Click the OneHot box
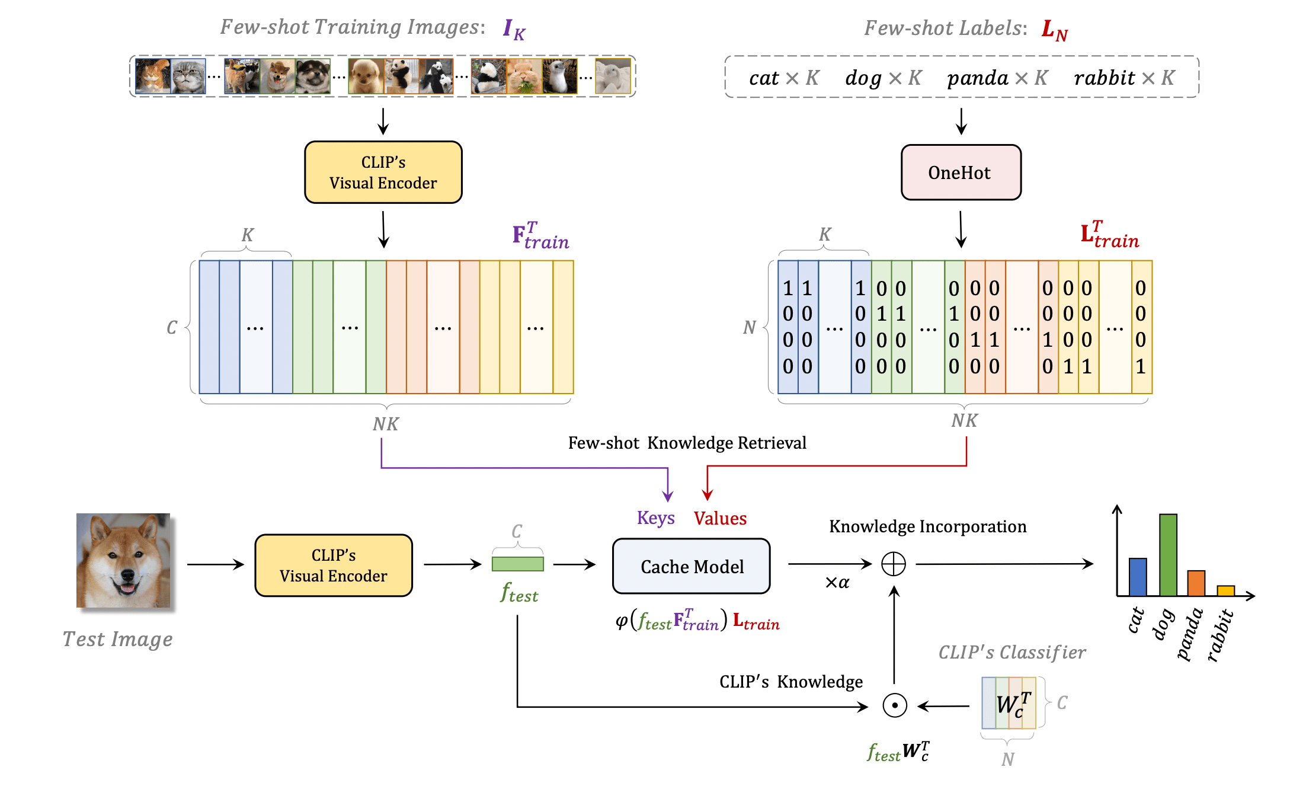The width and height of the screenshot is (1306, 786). (961, 172)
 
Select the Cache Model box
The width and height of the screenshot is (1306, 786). (691, 566)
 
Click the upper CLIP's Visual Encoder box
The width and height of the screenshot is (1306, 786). (383, 172)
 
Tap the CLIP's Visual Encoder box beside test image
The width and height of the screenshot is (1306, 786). (333, 565)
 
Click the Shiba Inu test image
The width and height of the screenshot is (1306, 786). (123, 560)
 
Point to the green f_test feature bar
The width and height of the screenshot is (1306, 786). (517, 564)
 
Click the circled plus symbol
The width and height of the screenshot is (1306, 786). (893, 564)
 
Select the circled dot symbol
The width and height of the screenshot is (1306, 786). (894, 705)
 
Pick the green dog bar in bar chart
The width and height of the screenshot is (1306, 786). (1167, 554)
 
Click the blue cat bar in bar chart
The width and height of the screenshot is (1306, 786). (1137, 577)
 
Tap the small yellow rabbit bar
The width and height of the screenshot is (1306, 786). (1225, 590)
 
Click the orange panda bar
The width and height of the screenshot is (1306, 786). (1196, 583)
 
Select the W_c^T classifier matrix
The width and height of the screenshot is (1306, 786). (1009, 703)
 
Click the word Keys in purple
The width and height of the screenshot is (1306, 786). (655, 518)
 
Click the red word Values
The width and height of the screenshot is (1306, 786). (720, 518)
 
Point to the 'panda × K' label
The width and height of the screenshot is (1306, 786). (997, 78)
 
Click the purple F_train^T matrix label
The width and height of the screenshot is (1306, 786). (540, 237)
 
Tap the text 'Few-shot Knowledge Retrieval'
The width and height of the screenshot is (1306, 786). (687, 443)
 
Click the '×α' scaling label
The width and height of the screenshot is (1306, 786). (837, 583)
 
